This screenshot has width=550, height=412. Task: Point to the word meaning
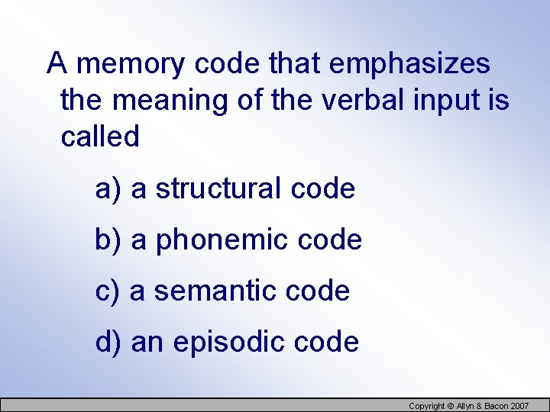pyautogui.click(x=167, y=101)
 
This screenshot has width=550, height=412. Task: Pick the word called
pyautogui.click(x=100, y=137)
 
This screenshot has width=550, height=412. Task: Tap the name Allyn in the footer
pyautogui.click(x=469, y=406)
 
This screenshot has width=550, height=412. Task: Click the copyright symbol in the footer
pyautogui.click(x=451, y=406)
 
